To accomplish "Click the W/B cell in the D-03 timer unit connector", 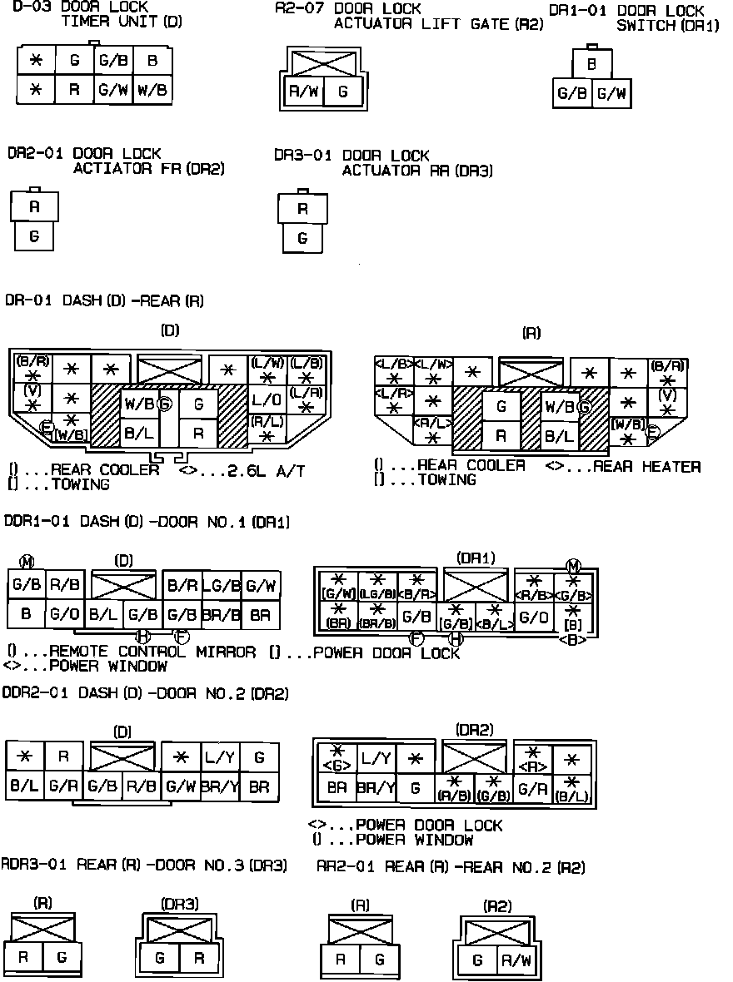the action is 152,89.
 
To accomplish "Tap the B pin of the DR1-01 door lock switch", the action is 591,63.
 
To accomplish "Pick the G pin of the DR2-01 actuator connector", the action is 34,236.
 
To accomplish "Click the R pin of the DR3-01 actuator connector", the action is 302,209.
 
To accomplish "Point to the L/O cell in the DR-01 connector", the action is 267,400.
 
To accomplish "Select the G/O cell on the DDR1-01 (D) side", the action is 63,616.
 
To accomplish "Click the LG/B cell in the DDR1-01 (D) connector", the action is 222,585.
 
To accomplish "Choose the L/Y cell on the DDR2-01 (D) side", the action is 220,757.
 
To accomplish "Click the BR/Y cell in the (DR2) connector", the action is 376,787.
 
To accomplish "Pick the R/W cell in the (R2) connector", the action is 516,960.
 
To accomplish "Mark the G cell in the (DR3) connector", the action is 160,958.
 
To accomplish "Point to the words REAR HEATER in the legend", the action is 646,466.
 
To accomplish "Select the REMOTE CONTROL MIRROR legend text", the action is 152,652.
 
